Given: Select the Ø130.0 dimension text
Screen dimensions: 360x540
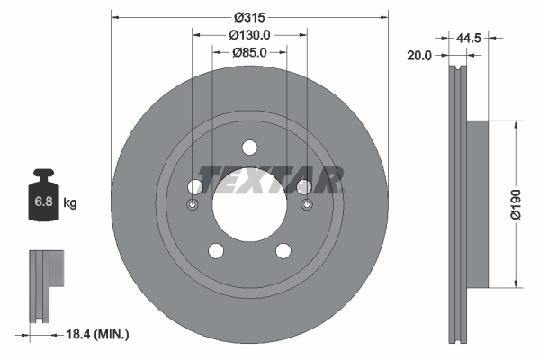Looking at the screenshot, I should [250, 34].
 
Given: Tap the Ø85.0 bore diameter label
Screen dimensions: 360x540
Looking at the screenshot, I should [250, 52].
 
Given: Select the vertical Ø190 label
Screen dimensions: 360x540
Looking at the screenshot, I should [517, 203].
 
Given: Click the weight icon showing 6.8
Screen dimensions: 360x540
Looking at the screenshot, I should [43, 197].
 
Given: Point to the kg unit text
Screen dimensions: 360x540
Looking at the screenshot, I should [70, 203].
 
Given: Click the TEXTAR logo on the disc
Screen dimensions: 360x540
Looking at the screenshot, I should [270, 180].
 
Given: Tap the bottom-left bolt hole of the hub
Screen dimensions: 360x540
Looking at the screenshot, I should [216, 250].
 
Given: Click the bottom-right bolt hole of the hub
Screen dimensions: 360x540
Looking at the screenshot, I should [283, 250].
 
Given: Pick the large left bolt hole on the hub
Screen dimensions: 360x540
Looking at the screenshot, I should [195, 186].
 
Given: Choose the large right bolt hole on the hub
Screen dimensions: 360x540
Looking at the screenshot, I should [304, 186].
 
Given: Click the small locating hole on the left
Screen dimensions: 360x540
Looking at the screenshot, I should [192, 206].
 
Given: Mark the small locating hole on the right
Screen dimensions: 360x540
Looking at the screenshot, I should [308, 206].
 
